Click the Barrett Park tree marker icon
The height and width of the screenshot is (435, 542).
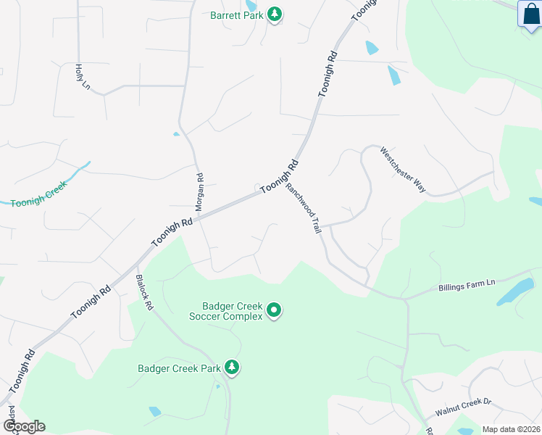[x=275, y=14]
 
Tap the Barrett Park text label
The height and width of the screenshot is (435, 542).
[x=236, y=14]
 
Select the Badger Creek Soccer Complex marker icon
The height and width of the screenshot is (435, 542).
[x=274, y=310]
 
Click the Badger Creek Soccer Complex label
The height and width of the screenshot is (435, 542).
[x=226, y=310]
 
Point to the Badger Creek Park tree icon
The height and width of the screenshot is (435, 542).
[x=232, y=368]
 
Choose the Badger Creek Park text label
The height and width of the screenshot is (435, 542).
[x=179, y=368]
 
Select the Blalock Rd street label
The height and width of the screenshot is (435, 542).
[x=144, y=293]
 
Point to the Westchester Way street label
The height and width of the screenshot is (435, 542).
[x=403, y=170]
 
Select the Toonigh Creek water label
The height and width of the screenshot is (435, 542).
[x=38, y=193]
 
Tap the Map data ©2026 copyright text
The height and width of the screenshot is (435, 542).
[x=510, y=429]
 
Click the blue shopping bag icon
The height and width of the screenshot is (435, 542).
[x=529, y=14]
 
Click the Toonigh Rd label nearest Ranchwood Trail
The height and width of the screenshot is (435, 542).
[x=280, y=176]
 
